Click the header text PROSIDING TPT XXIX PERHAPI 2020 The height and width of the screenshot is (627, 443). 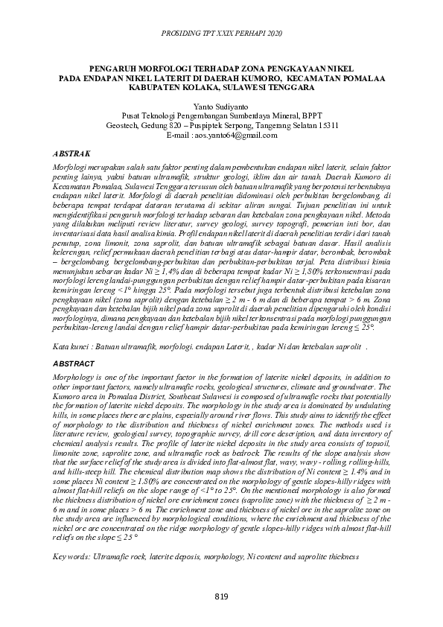tap(221, 34)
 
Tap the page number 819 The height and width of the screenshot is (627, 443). tap(221, 596)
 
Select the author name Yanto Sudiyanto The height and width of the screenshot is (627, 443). tap(222, 107)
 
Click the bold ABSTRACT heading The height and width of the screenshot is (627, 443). tap(74, 363)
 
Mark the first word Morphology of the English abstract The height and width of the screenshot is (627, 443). tap(76, 378)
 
